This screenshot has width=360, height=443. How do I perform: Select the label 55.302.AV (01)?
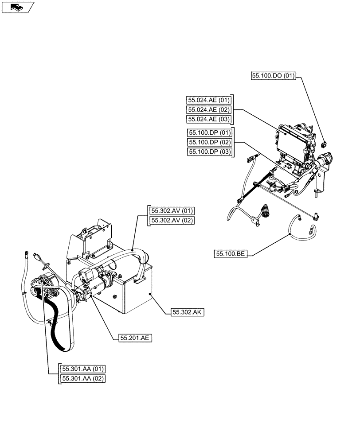click(172, 211)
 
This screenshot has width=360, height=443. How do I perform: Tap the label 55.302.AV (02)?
click(172, 221)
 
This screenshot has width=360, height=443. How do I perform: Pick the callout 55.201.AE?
click(135, 338)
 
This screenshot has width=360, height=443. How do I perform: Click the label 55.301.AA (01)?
click(83, 369)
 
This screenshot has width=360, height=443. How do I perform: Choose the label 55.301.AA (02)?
click(83, 378)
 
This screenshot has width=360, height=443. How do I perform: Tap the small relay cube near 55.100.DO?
click(324, 143)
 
